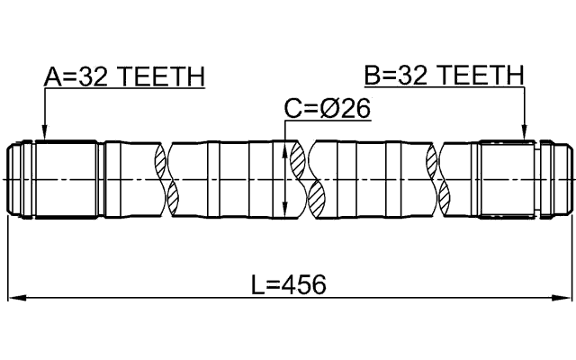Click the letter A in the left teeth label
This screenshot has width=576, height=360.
(53, 76)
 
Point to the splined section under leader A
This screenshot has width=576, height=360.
(67, 179)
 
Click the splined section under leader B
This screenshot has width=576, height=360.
(508, 179)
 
